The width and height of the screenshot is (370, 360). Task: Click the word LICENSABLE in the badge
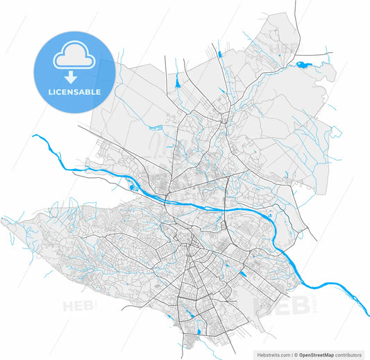pyautogui.click(x=74, y=92)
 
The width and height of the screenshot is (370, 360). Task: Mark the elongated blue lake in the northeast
pyautogui.click(x=305, y=66)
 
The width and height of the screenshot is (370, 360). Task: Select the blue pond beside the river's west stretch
pyautogui.click(x=131, y=186)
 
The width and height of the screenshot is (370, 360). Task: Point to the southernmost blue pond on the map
pyautogui.click(x=200, y=332)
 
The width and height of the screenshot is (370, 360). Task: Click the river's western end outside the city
pyautogui.click(x=35, y=137)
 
